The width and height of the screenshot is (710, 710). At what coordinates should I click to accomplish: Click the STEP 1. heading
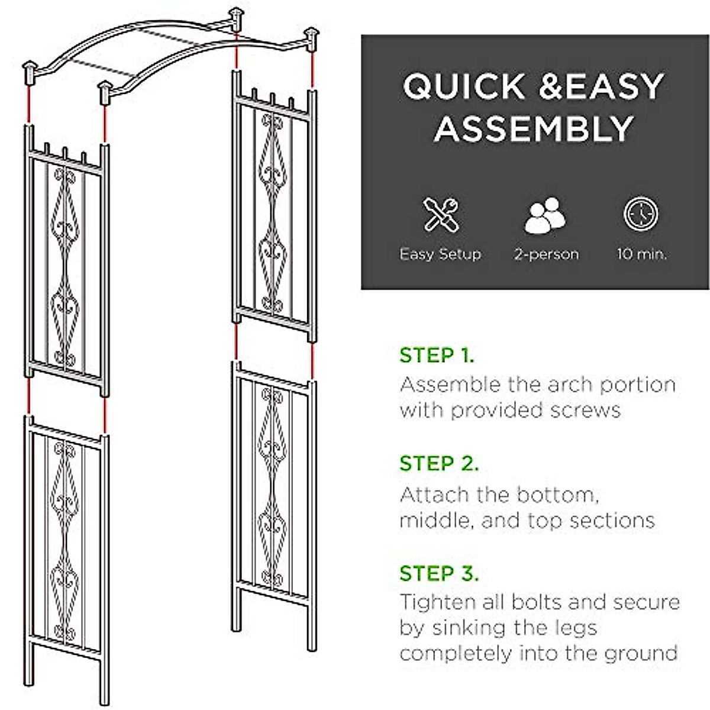tap(437, 356)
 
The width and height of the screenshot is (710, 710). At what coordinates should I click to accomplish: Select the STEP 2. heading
tap(439, 463)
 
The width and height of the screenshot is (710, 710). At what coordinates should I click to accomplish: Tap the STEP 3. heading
tap(439, 573)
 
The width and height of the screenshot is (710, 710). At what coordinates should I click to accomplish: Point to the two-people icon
tap(545, 215)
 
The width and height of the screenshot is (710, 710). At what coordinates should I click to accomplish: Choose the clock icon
tap(641, 214)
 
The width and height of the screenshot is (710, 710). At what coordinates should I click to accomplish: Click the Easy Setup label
tap(440, 254)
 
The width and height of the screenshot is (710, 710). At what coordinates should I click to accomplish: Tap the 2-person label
tap(546, 254)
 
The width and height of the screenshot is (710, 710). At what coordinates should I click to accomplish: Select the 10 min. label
tap(642, 254)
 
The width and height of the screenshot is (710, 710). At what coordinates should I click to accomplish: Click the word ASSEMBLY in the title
tap(534, 129)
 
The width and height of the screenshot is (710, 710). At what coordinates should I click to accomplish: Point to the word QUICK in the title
tap(464, 86)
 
